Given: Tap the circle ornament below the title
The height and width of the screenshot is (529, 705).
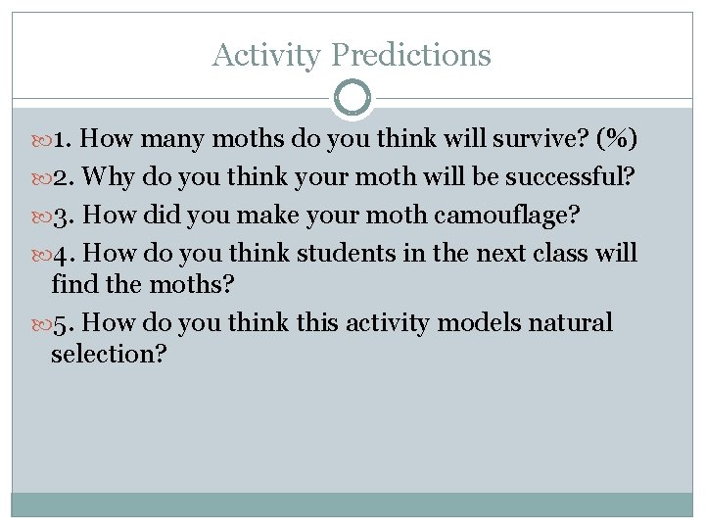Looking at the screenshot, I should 352,99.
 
